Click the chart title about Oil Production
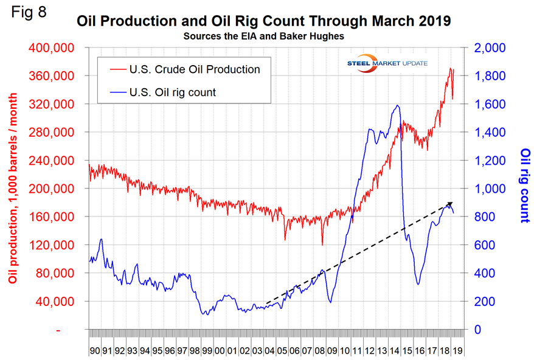(264, 22)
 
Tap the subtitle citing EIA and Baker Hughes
(263, 36)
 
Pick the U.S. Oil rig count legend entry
(173, 92)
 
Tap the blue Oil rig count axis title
(524, 185)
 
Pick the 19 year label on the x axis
(458, 351)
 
